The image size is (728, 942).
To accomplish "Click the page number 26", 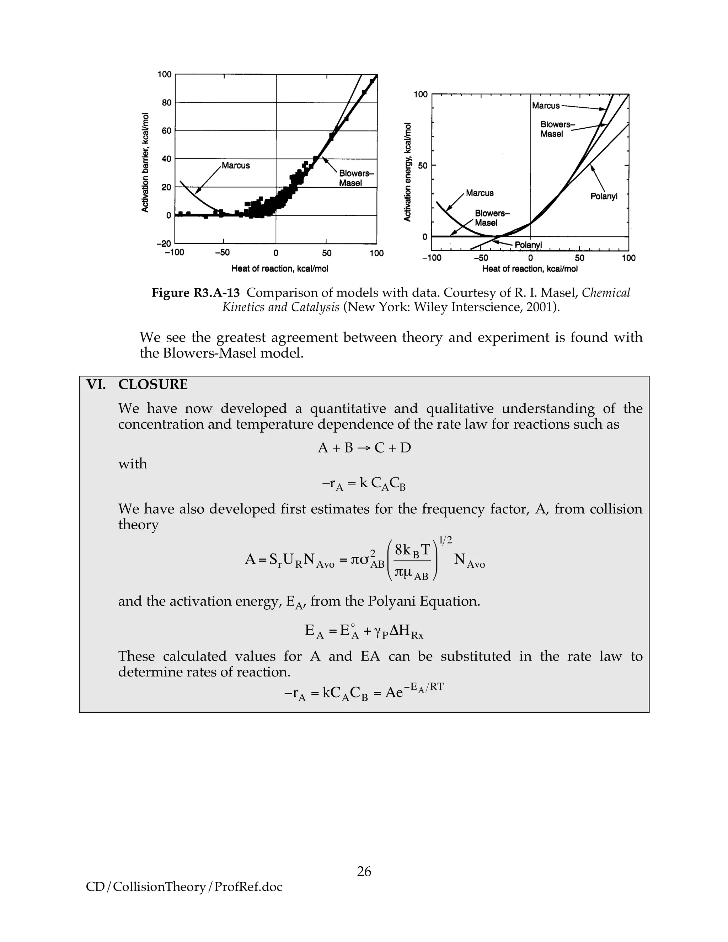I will coord(364,871).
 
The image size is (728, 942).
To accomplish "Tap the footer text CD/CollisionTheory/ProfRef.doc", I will coord(184,887).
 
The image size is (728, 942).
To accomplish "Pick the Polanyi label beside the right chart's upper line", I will coord(604,196).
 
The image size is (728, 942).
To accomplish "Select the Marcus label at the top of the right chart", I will coord(546,106).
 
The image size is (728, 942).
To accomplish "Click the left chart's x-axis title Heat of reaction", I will coord(279,269).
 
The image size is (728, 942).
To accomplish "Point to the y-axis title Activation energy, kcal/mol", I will coord(407,172).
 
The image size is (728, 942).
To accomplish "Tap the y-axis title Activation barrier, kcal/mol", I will coord(145,162).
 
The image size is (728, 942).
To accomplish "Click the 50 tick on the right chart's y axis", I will coord(422,165).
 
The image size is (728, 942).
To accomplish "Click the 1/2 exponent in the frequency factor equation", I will coord(445,540).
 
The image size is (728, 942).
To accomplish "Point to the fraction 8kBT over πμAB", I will coord(412,561).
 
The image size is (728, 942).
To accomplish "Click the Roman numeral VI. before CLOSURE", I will coord(96,384).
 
